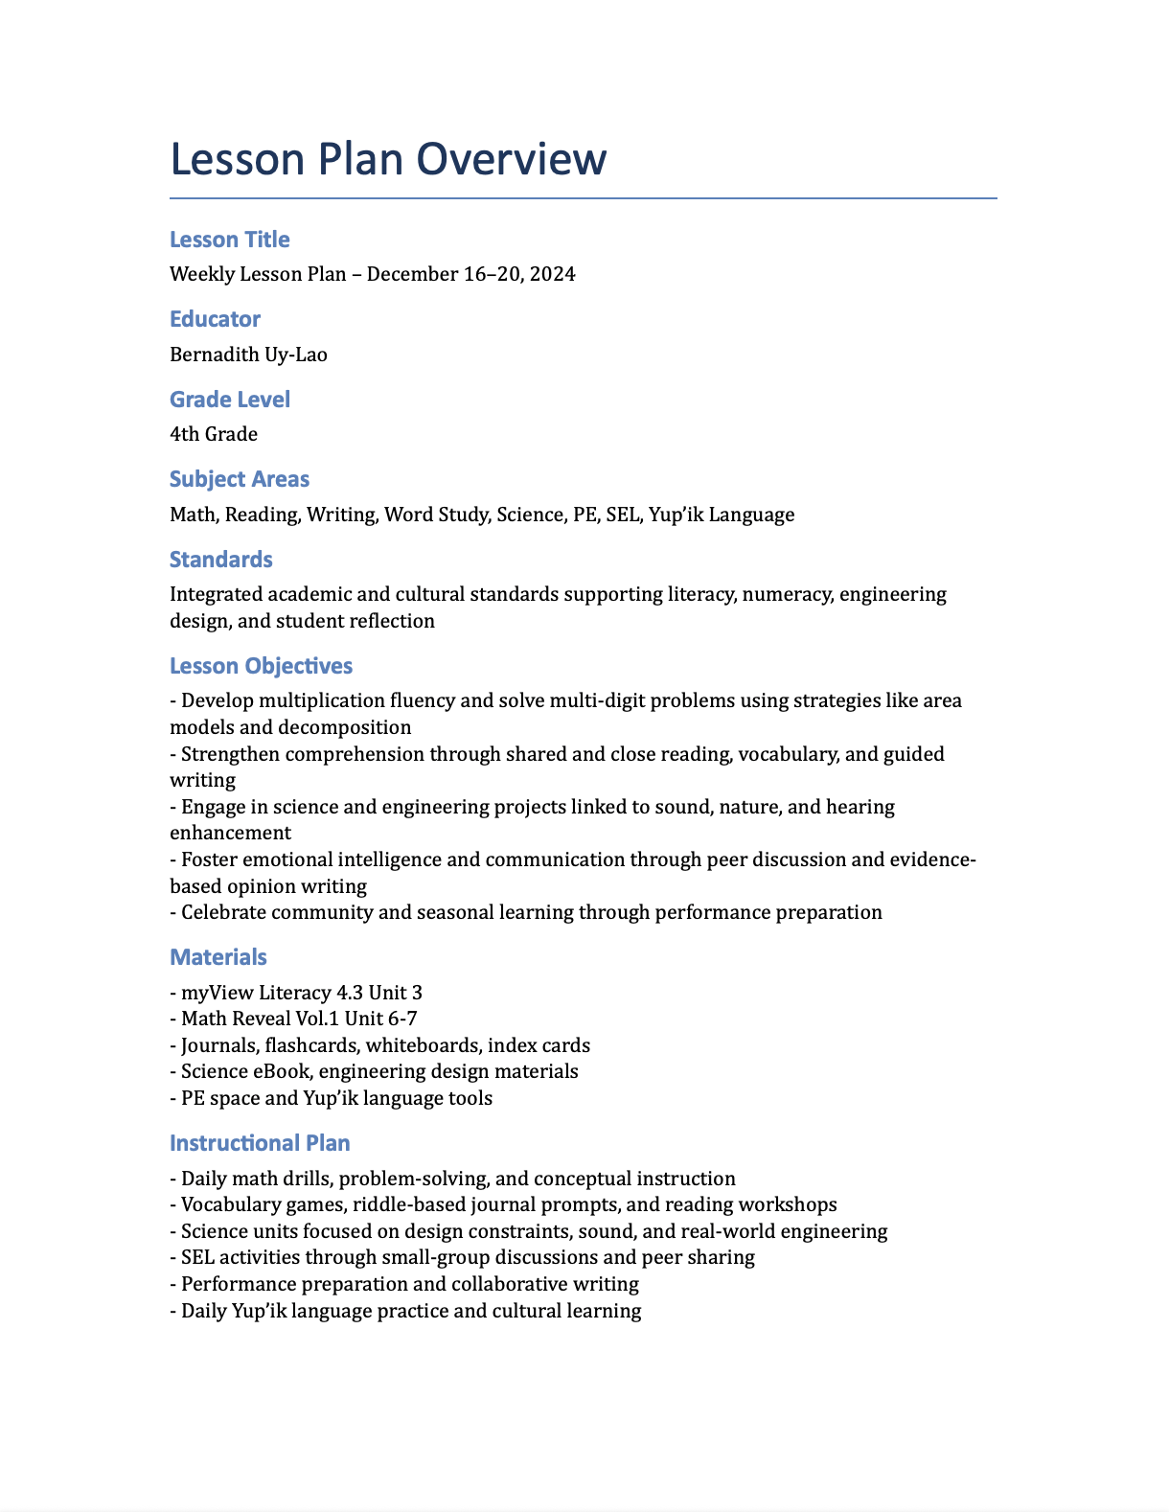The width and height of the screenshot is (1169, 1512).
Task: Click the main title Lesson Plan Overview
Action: click(x=388, y=159)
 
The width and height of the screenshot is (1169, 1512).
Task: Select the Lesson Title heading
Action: click(x=229, y=240)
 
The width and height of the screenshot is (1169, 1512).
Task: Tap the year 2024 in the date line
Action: click(x=552, y=274)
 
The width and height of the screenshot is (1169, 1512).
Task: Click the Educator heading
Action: click(x=215, y=319)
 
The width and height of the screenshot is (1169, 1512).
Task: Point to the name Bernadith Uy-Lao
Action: click(x=248, y=355)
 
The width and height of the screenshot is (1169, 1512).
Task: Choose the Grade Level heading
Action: click(x=229, y=400)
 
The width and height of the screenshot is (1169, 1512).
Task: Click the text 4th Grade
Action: click(x=214, y=434)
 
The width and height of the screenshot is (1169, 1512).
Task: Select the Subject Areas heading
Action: click(x=239, y=479)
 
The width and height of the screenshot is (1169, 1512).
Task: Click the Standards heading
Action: click(x=220, y=560)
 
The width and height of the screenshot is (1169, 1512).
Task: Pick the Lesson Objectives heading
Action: click(x=261, y=666)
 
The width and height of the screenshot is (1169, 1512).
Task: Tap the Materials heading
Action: click(x=218, y=957)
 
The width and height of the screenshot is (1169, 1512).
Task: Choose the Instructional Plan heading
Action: click(x=260, y=1143)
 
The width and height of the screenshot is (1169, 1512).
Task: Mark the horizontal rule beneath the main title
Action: click(x=583, y=198)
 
